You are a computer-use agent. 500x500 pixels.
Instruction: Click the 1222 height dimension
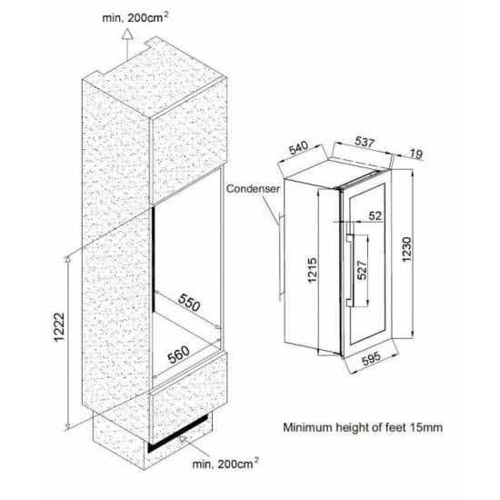(x=59, y=327)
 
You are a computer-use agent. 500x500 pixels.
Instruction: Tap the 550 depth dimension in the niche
(x=189, y=303)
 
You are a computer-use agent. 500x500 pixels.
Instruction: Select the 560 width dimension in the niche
(x=179, y=355)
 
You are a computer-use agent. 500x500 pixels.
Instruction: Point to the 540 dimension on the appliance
(x=298, y=147)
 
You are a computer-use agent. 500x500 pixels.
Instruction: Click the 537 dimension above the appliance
(x=365, y=142)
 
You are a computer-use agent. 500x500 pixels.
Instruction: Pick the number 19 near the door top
(x=416, y=154)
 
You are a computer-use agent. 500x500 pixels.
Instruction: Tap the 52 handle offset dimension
(x=375, y=215)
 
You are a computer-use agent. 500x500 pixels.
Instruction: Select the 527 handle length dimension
(x=362, y=270)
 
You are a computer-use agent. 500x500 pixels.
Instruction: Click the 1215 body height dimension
(x=312, y=270)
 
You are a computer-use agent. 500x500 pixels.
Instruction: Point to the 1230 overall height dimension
(x=406, y=249)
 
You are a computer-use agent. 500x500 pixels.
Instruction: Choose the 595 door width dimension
(x=371, y=358)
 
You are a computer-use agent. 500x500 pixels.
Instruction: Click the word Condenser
(x=253, y=189)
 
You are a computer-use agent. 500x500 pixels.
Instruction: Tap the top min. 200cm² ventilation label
(x=135, y=17)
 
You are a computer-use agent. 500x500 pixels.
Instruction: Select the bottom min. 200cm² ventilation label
(x=225, y=464)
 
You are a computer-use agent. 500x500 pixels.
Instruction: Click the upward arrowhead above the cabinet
(x=127, y=34)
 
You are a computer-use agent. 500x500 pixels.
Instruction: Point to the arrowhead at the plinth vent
(x=183, y=439)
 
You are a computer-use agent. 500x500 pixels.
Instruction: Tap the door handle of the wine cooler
(x=349, y=270)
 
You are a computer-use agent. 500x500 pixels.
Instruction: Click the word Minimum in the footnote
(x=304, y=427)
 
